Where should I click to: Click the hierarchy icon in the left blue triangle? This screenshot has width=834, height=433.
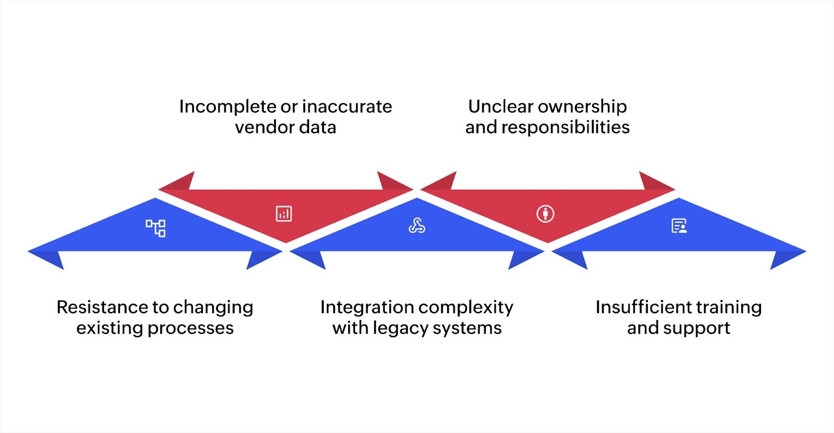155,228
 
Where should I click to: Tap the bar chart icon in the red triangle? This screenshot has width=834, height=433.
284,214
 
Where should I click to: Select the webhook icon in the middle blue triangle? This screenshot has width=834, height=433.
416,226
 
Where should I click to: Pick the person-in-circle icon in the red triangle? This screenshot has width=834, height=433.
545,214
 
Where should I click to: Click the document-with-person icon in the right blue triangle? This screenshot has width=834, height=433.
679,226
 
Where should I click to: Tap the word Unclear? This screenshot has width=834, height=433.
500,106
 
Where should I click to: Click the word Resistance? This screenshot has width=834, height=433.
102,307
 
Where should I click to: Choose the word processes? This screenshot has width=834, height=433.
191,328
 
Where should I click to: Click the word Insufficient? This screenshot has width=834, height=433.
645,307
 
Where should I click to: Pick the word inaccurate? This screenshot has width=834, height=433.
347,106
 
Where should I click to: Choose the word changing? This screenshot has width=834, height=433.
213,308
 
